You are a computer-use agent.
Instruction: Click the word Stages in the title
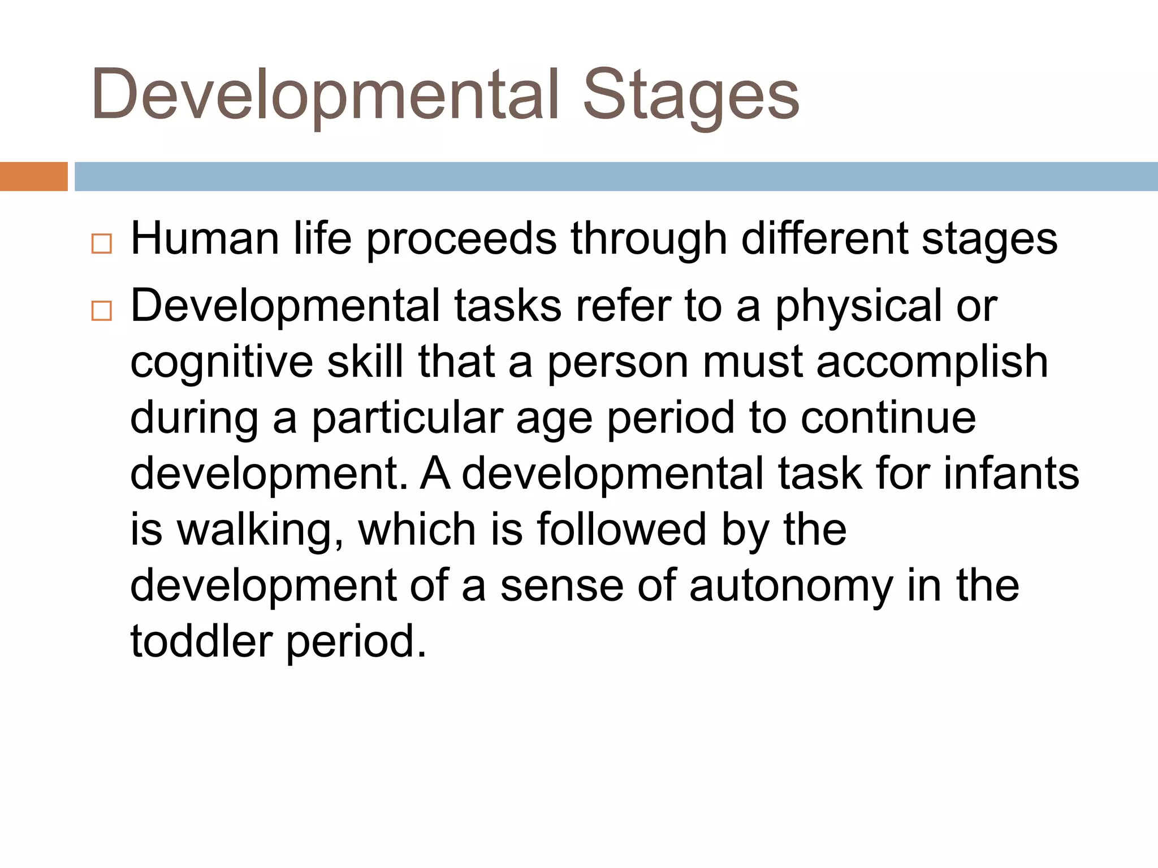pos(690,95)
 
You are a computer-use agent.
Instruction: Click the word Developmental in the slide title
pos(326,95)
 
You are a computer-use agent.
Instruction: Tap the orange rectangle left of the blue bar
pos(33,176)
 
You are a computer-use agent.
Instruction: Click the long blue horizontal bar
pos(615,176)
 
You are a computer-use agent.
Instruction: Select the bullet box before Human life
pos(102,244)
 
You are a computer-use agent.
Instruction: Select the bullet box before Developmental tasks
pos(102,311)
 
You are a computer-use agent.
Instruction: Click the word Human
pos(205,238)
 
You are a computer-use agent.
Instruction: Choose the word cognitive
pos(221,363)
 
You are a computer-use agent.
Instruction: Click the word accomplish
pos(932,363)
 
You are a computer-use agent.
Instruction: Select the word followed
pos(621,530)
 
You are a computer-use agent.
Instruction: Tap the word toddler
pos(201,641)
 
